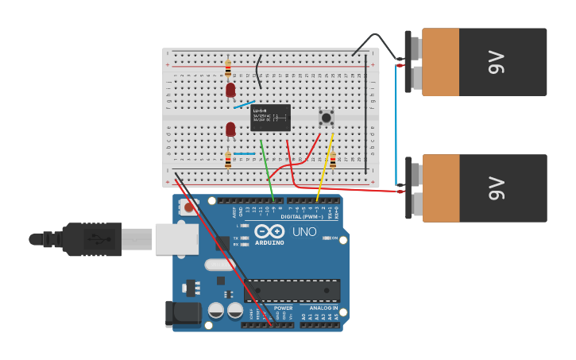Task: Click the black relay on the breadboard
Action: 270,118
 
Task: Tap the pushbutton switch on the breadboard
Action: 326,118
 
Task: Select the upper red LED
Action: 230,90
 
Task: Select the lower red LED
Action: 230,129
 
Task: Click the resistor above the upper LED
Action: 228,68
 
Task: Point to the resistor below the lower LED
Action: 228,160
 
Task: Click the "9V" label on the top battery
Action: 497,62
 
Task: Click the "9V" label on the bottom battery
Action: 497,188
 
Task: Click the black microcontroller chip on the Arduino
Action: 292,290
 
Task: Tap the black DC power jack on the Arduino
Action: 182,314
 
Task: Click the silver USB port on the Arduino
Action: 176,239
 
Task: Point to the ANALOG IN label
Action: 323,308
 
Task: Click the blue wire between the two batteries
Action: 397,127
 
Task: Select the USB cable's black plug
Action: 91,239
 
